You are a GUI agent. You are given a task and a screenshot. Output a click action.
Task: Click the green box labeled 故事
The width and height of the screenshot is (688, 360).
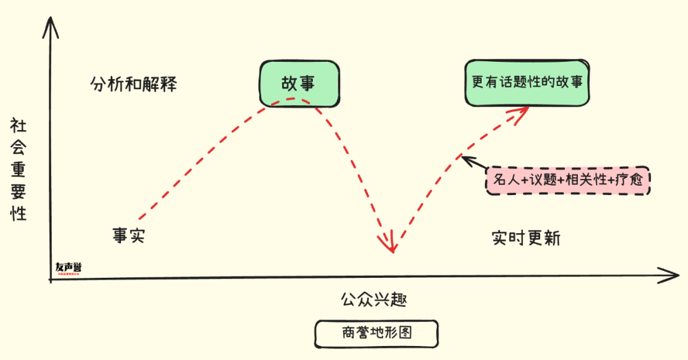tap(298, 83)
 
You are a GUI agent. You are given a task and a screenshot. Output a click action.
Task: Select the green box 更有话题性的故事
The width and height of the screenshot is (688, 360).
tap(527, 83)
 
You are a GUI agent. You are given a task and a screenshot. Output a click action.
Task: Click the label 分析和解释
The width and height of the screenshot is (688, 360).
tap(133, 85)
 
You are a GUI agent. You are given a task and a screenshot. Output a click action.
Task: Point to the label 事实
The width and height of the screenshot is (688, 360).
tap(129, 236)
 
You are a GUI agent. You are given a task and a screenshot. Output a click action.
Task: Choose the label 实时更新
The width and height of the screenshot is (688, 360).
tap(526, 238)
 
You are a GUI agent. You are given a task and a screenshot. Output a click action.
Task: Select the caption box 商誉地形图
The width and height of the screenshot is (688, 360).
tap(376, 333)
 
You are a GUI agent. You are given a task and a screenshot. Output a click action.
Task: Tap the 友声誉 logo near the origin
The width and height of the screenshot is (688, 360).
tap(68, 269)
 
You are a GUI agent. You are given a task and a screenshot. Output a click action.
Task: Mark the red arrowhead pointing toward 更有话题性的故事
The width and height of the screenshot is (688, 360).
tap(521, 112)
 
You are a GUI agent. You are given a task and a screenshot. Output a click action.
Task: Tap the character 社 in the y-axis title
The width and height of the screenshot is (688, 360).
tap(18, 127)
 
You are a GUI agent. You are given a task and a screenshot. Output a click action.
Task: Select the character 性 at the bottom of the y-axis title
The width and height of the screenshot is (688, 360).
tap(18, 213)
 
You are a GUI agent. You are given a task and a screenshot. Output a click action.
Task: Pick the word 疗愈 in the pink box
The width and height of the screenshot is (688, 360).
tap(633, 181)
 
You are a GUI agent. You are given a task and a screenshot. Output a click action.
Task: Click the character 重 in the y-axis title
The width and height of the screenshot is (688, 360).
tap(18, 169)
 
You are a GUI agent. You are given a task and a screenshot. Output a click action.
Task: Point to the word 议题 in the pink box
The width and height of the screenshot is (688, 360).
tap(543, 181)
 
